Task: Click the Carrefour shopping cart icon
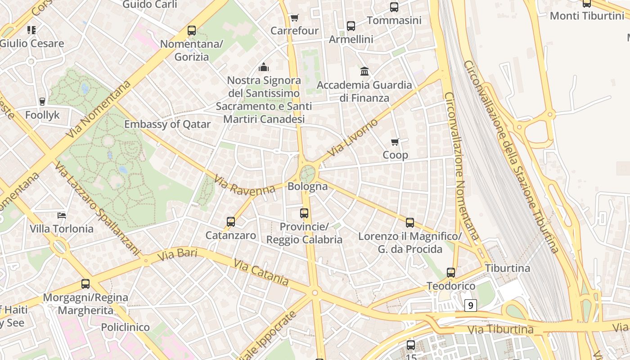tap(294, 18)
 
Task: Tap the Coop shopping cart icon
tap(395, 142)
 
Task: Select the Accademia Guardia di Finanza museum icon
tap(364, 71)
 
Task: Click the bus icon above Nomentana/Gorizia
tap(192, 31)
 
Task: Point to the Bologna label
tap(307, 186)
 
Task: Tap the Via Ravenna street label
tap(244, 185)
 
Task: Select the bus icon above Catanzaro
tap(231, 221)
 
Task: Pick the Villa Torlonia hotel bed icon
tap(62, 215)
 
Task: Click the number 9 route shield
tap(470, 306)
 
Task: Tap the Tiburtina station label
tap(508, 268)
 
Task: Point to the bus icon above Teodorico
tap(451, 272)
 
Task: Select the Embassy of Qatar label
tap(167, 124)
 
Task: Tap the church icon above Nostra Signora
tap(263, 67)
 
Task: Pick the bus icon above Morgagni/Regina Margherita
tap(85, 284)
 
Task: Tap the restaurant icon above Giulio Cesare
tap(31, 30)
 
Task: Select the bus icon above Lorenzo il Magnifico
tap(409, 222)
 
